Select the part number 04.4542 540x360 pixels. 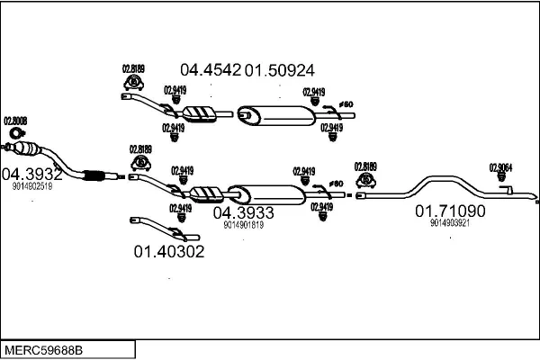211,69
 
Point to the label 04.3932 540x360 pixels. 31,174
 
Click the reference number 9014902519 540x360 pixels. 32,187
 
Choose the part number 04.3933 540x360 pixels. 243,213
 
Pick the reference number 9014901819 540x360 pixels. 243,226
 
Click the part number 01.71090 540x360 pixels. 450,211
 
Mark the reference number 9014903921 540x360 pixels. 450,223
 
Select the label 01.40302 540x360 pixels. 169,252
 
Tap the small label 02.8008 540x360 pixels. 15,121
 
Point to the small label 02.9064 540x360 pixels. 500,166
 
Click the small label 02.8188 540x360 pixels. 140,149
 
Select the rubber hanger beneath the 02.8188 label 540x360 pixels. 140,163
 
